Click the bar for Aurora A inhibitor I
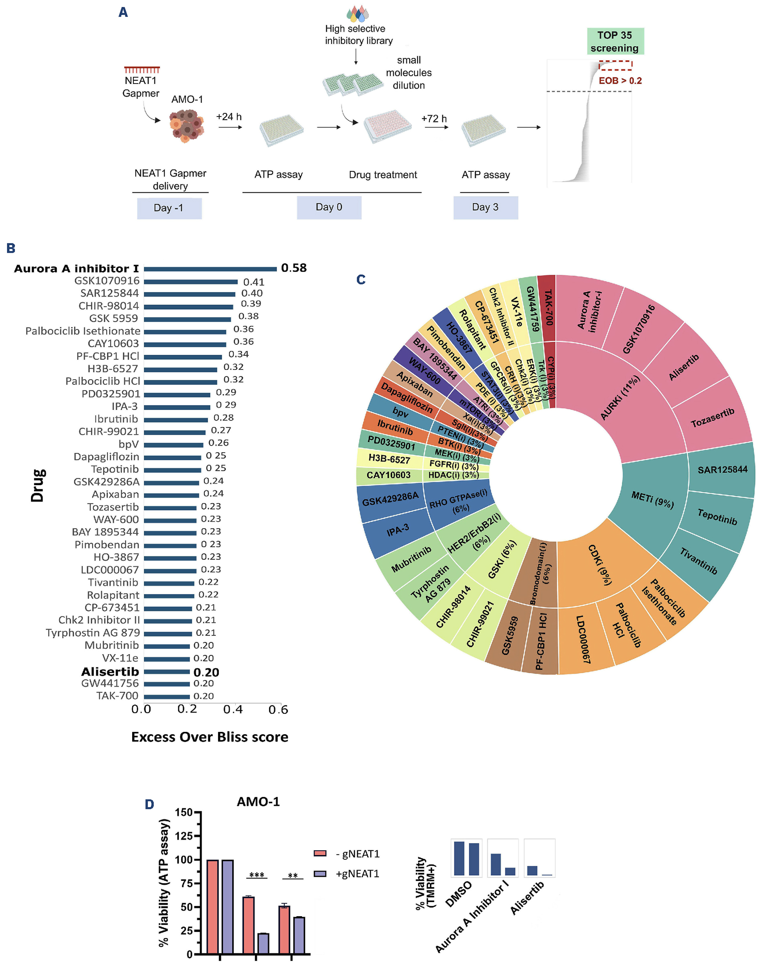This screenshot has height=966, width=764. pos(210,269)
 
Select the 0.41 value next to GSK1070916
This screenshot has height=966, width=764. pos(253,282)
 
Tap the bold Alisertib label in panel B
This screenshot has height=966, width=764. pos(110,671)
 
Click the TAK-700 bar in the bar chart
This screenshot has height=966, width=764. pos(167,696)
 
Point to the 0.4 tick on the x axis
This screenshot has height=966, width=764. pos(233,709)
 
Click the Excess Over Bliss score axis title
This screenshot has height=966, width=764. pos(209,737)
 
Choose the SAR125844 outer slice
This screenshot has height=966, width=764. pos(722,470)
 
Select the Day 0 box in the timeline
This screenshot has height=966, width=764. pos(329,208)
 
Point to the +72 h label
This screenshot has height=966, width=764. pos(434,118)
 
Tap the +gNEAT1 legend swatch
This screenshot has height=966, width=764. pos(320,874)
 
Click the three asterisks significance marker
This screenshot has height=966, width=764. pos(257,875)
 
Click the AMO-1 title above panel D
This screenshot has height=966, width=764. pos(258,801)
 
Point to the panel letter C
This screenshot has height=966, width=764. pos(361,280)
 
